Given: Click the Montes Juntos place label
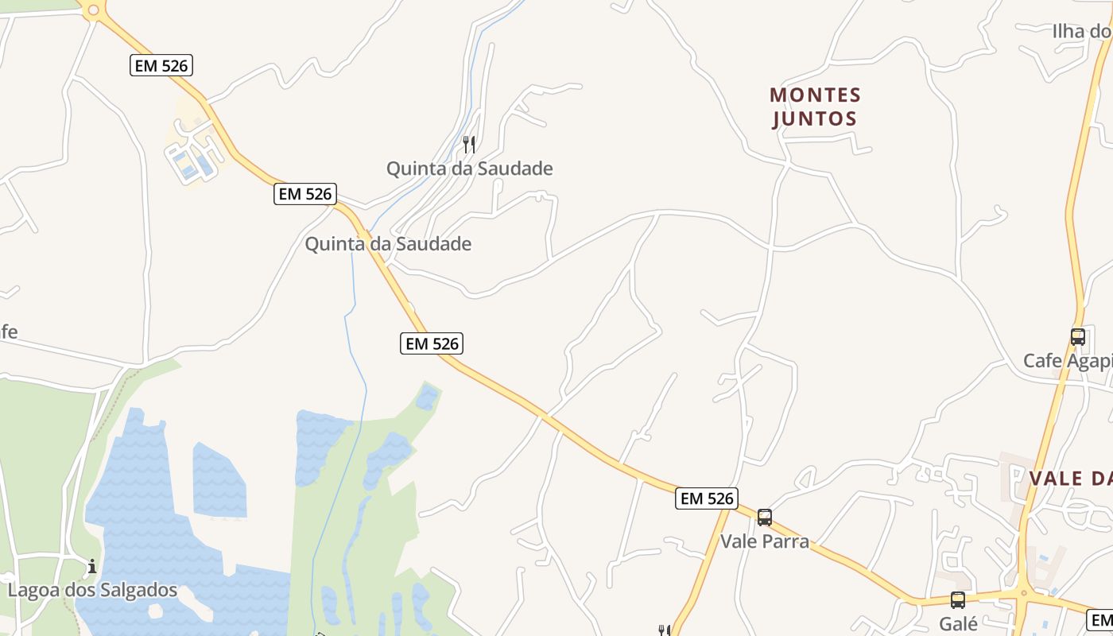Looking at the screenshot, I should [815, 107].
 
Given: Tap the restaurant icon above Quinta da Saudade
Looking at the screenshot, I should [469, 144].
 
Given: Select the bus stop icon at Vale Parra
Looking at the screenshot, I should [764, 518].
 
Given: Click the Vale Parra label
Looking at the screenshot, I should [764, 541].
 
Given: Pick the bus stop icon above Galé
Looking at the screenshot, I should [958, 600].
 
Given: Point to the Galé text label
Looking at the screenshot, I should [958, 623].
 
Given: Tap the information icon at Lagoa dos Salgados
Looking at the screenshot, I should [92, 567].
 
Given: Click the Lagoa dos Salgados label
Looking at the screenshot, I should [92, 590].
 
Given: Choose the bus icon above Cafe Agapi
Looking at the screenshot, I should [1077, 336].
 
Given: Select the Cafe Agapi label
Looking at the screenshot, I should [1067, 361].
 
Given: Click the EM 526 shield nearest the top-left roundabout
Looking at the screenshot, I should [161, 66].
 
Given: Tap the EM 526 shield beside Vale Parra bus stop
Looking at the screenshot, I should [707, 498].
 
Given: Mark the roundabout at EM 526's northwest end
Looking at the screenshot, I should [93, 10].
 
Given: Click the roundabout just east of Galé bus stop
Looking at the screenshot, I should [1023, 592].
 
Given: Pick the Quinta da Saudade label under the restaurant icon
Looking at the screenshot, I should [469, 169].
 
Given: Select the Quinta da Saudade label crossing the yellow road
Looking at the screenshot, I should [388, 244].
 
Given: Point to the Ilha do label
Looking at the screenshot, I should [1081, 31].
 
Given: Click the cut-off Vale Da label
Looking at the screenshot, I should [1070, 479].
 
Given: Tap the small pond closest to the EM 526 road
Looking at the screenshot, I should [427, 397].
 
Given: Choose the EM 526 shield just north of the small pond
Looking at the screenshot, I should [431, 343].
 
